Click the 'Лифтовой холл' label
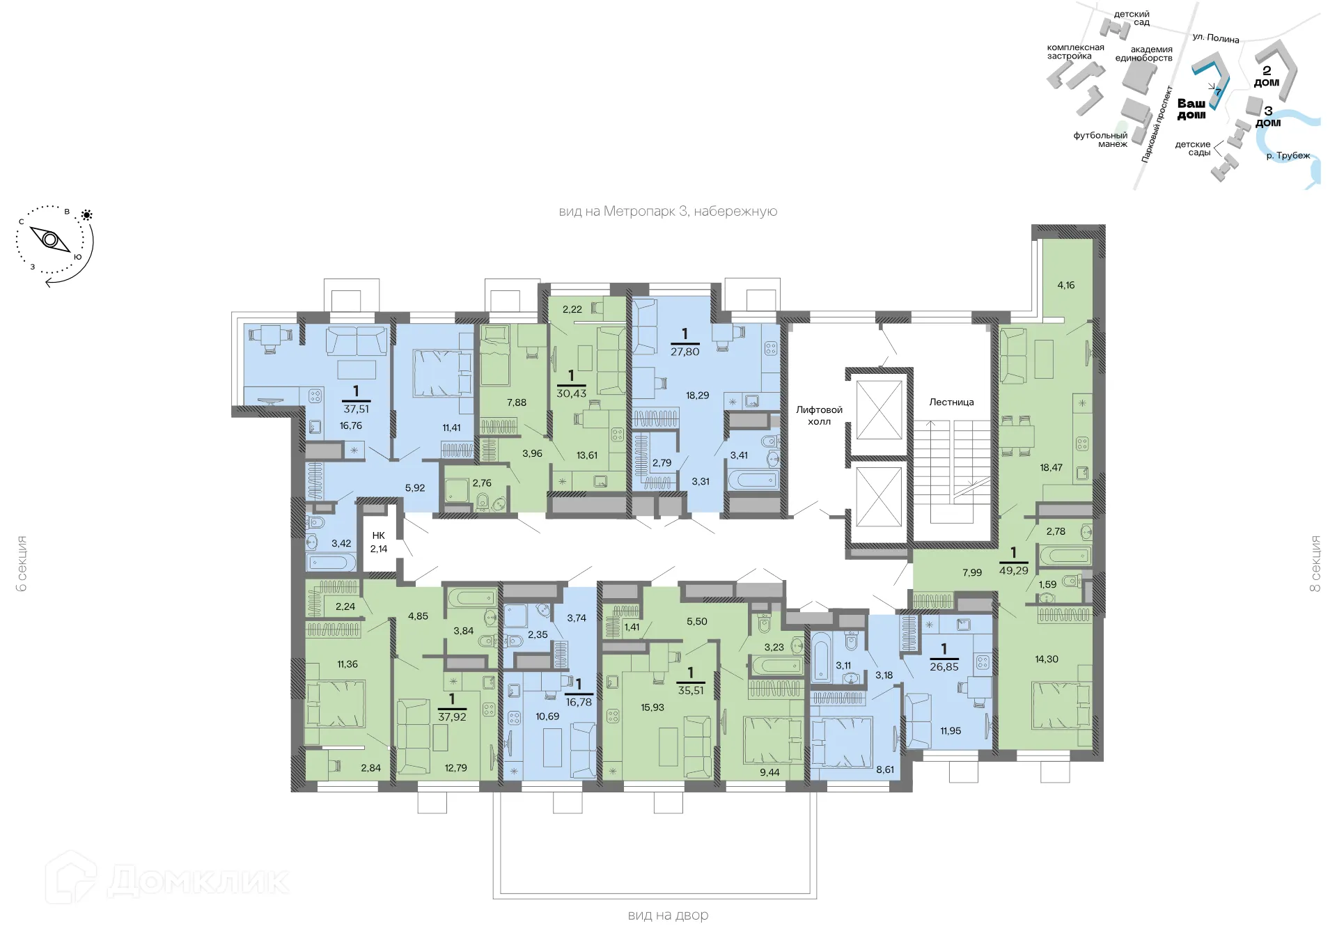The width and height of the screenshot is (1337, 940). point(819,416)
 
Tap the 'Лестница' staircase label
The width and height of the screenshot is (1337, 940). point(951,402)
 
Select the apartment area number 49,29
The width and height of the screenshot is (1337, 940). point(1013,570)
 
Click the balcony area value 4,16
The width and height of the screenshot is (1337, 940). point(1065,285)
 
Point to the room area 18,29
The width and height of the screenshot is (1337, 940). point(697,395)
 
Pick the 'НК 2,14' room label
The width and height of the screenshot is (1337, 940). point(379,542)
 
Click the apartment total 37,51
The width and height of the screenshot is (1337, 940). point(356,409)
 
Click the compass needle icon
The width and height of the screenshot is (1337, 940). point(51,240)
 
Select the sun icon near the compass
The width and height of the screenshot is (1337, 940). point(87,215)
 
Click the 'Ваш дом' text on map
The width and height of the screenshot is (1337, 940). point(1191,109)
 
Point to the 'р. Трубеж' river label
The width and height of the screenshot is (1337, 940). point(1288,156)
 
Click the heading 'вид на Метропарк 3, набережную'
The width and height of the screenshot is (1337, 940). point(668,212)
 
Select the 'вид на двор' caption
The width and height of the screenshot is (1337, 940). point(668,916)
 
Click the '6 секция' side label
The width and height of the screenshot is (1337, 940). point(22,564)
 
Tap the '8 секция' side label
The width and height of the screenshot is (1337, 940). point(1315,564)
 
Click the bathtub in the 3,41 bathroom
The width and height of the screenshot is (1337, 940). point(753,480)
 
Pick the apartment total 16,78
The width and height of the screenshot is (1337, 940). point(579,703)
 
